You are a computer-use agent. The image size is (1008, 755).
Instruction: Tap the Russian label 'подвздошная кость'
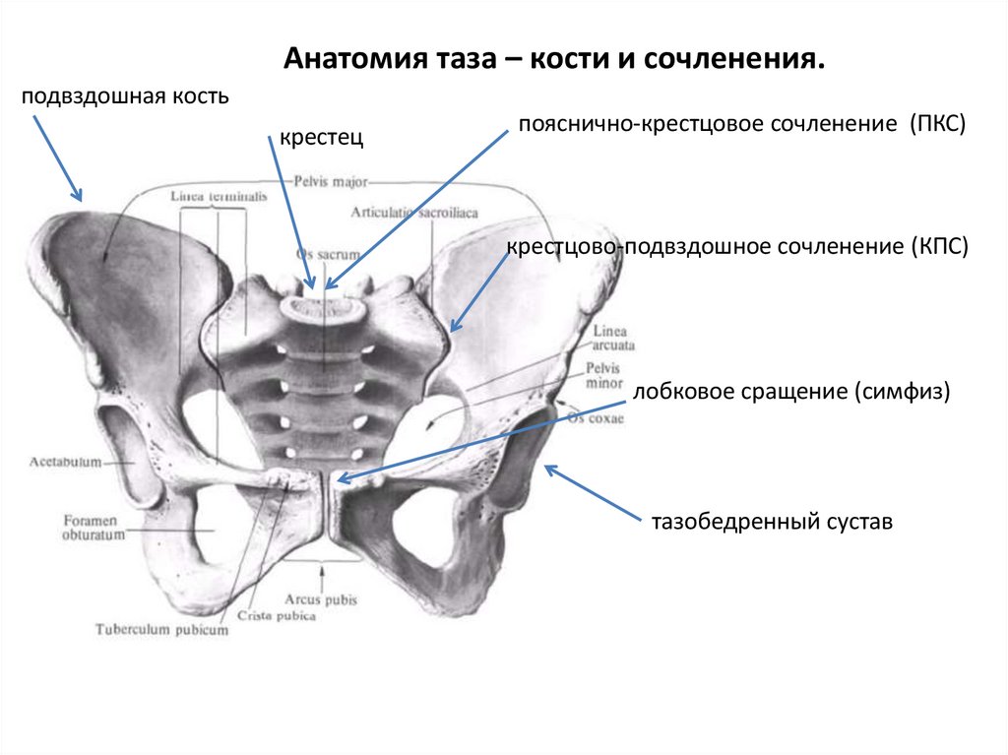[126, 96]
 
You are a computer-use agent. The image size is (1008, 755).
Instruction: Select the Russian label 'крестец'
[321, 139]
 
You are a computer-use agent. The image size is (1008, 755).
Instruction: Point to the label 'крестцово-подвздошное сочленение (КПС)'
[738, 246]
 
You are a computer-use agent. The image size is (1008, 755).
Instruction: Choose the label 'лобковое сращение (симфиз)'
[791, 392]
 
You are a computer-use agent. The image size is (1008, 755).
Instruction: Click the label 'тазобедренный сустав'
[771, 522]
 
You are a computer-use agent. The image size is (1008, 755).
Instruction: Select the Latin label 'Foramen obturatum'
[91, 528]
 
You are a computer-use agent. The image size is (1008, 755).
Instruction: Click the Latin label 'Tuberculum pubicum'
[162, 627]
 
